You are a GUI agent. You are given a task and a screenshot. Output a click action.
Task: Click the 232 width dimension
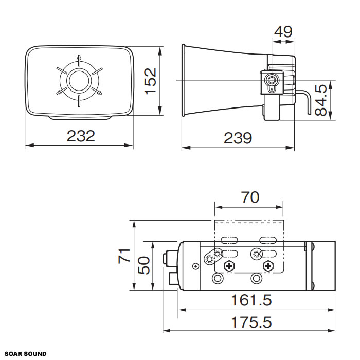(x=81, y=136)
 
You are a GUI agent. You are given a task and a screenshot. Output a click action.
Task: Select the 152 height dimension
(x=150, y=81)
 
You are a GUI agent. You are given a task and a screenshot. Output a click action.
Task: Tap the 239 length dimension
(x=238, y=138)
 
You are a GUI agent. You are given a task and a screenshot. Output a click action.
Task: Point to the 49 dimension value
(x=283, y=32)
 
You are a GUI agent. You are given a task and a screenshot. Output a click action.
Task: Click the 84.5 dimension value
(x=321, y=100)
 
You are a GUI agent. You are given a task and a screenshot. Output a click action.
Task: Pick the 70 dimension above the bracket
(x=250, y=197)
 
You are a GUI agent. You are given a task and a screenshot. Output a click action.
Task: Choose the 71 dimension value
(x=124, y=256)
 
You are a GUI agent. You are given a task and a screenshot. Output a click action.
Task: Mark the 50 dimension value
(x=143, y=265)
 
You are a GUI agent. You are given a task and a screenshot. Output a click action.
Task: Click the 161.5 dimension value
(x=251, y=300)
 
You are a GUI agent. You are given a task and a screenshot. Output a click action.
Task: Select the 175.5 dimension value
(x=251, y=322)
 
